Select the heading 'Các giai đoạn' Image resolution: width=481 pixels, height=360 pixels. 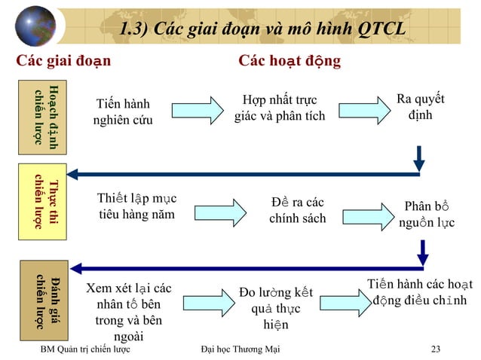63,60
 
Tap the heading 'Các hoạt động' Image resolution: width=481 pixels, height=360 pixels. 290,60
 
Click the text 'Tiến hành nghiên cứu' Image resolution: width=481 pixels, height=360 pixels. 122,112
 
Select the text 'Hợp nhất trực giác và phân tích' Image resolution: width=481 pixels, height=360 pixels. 280,108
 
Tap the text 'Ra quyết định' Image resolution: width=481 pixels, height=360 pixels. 420,108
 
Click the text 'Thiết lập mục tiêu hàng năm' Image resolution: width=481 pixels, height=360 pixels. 136,206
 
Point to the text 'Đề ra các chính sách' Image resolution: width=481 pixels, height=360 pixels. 298,210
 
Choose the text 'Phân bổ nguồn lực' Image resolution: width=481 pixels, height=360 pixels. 427,214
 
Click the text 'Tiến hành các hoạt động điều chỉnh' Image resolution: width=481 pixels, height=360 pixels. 420,293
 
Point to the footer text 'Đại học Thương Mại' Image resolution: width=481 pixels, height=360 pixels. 240,349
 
